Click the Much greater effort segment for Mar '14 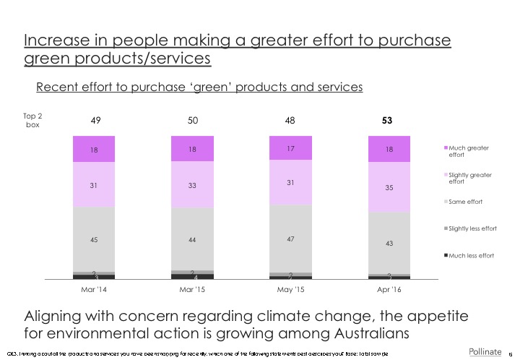pyautogui.click(x=94, y=150)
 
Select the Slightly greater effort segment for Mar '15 pyautogui.click(x=192, y=184)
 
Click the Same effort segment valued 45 pyautogui.click(x=94, y=239)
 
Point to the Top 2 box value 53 pyautogui.click(x=389, y=120)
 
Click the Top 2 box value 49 pyautogui.click(x=94, y=120)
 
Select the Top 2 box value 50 pyautogui.click(x=192, y=120)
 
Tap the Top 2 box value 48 pyautogui.click(x=290, y=120)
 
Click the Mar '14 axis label pyautogui.click(x=94, y=290)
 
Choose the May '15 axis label pyautogui.click(x=290, y=290)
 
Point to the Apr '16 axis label pyautogui.click(x=389, y=290)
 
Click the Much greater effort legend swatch pyautogui.click(x=445, y=148)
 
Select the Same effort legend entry pyautogui.click(x=466, y=201)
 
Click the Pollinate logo pyautogui.click(x=485, y=351)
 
